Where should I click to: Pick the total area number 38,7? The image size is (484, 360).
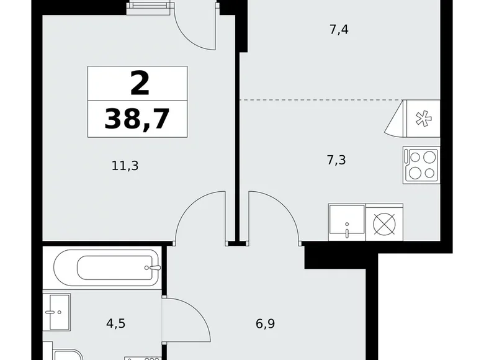tap(137, 118)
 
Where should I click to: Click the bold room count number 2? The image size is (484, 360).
tap(140, 83)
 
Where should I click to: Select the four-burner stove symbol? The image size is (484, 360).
tap(421, 164)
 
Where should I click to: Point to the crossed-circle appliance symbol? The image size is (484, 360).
tap(385, 221)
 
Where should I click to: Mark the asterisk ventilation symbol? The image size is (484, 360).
tap(422, 119)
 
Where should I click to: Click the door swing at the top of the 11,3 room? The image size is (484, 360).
tap(195, 27)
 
